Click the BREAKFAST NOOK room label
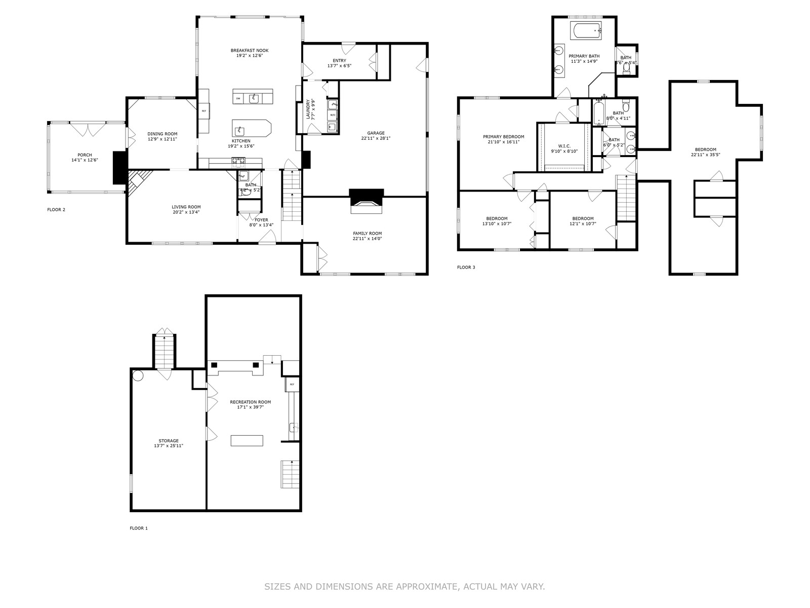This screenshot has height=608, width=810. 249,50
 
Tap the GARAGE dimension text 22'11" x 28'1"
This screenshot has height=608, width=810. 376,138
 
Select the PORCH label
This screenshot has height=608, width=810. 85,155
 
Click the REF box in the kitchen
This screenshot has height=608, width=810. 204,110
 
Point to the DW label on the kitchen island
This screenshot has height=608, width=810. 238,98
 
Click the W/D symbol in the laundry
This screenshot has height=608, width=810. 333,115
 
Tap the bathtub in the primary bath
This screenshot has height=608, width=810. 586,31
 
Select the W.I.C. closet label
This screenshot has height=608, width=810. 564,145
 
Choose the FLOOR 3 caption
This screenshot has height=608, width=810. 466,267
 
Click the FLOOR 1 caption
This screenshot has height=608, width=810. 139,528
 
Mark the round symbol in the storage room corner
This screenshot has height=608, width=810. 138,376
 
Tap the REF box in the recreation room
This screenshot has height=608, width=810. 292,385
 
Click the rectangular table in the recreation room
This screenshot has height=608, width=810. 247,440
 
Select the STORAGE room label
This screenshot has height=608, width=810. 168,441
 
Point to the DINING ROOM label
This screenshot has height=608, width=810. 162,134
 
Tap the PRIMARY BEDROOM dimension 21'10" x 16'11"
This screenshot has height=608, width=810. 503,142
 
